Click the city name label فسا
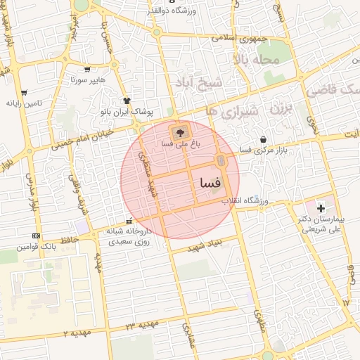210,182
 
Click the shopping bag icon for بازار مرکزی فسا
263,139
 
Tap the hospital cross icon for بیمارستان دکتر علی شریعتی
321,208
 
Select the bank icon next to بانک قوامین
37,236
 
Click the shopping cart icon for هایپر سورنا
87,69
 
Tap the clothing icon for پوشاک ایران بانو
127,101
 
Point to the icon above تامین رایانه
24,92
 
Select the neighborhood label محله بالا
259,60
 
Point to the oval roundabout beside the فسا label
221,161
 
